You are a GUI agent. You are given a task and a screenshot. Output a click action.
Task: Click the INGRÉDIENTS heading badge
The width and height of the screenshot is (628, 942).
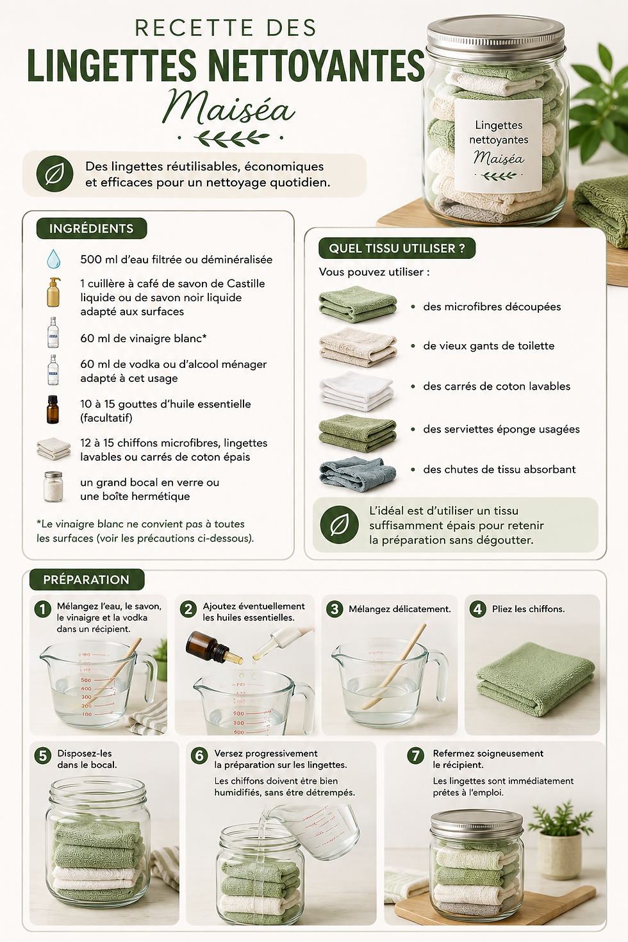tap(92, 228)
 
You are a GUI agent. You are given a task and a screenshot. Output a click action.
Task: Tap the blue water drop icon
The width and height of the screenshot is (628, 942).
tap(53, 259)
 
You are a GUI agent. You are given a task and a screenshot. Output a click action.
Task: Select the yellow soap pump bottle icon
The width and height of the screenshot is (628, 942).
tap(53, 292)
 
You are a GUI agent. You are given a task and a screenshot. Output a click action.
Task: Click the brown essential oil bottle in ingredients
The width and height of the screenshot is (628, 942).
tap(53, 409)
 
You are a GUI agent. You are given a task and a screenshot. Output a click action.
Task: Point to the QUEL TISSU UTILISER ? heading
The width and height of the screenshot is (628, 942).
tap(397, 248)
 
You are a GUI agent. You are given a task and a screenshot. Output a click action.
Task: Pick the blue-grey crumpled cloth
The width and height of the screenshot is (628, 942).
tap(358, 474)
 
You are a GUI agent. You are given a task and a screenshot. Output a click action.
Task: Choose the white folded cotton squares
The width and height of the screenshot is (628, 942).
tap(356, 391)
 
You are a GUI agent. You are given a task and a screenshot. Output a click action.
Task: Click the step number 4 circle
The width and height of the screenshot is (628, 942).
tap(477, 609)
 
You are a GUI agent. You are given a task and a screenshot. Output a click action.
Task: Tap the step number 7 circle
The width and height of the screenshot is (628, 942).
tap(416, 756)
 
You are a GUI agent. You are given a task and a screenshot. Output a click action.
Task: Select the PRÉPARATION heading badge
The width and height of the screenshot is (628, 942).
tap(87, 579)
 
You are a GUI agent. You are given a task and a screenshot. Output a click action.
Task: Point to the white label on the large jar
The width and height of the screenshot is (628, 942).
tap(498, 145)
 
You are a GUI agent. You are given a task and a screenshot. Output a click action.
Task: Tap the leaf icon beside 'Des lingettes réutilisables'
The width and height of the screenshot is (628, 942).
tap(54, 174)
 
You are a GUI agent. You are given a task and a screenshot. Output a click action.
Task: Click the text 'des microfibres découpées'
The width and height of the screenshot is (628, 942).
tap(492, 306)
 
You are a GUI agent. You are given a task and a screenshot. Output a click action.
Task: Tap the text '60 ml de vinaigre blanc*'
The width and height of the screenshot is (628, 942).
tap(144, 338)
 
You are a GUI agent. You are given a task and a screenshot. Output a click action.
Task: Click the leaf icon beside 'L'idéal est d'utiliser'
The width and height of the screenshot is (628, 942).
tap(339, 525)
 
